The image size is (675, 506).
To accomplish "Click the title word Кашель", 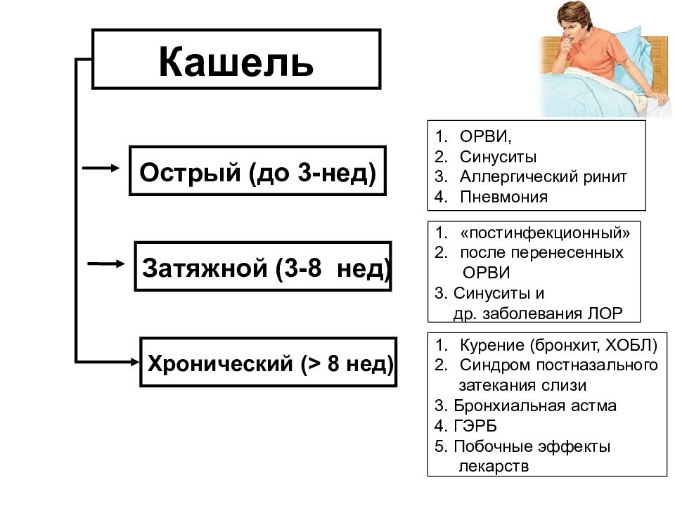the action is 236,62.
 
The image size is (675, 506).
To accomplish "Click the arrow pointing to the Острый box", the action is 101,168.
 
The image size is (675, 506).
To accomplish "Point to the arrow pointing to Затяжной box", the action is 106,264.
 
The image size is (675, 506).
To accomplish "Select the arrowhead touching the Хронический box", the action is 135,362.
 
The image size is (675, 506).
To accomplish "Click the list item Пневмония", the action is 503,197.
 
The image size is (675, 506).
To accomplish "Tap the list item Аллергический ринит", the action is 544,176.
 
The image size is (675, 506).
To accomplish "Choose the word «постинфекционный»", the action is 545,233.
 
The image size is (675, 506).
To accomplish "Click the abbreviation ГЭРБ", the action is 475,426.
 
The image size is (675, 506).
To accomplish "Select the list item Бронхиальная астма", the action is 535,406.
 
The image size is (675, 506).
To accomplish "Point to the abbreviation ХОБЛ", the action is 631,345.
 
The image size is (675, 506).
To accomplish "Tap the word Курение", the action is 492,345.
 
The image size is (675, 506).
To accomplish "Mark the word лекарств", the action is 494,467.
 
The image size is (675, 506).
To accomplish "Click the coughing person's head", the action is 574,22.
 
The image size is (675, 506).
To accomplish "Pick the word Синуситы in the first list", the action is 498,157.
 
